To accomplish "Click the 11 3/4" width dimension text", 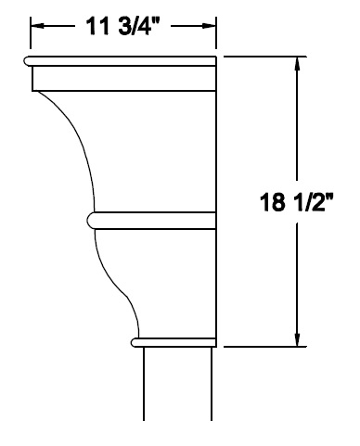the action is tap(122, 26).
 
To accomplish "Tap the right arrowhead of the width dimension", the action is tap(208, 26).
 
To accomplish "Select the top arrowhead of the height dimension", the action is tap(297, 64).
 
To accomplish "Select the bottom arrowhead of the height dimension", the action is tap(297, 339).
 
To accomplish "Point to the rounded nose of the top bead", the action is tap(26, 61).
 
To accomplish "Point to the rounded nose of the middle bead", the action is tap(91, 221).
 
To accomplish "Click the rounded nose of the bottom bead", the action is tap(134, 342).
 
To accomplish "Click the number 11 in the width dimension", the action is tap(96, 26).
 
